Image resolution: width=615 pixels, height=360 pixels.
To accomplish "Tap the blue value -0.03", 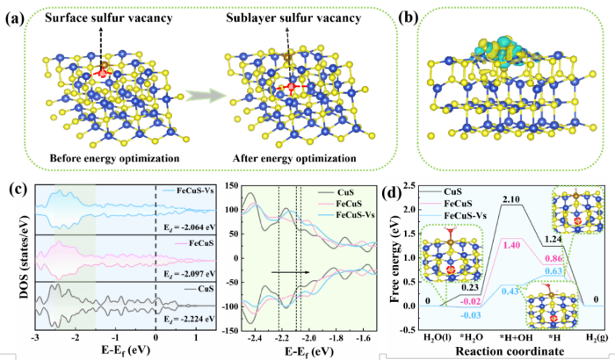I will click(447, 315).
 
